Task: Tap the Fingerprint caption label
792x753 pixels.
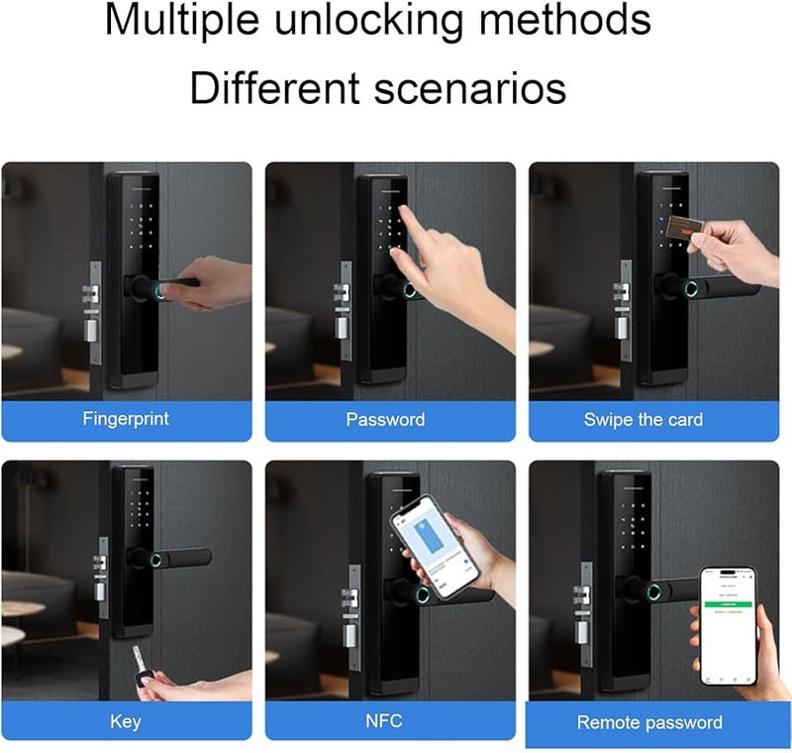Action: [125, 419]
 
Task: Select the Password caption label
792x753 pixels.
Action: [385, 420]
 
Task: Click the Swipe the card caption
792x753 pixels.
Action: [643, 420]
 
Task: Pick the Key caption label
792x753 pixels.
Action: [125, 721]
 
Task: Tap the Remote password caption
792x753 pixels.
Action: [648, 723]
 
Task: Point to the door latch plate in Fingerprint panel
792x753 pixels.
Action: [93, 302]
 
